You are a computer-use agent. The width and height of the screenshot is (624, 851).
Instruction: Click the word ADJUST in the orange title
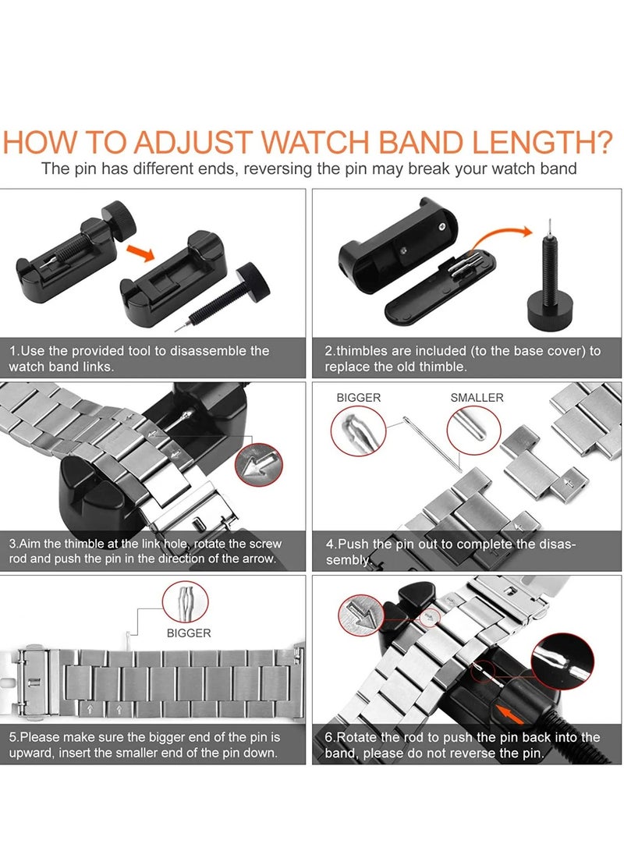[192, 143]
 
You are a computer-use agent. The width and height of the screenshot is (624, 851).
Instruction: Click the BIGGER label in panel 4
[358, 398]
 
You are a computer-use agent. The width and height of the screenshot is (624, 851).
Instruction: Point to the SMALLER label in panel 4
[477, 398]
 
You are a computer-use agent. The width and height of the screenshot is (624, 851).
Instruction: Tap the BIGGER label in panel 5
[189, 633]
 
